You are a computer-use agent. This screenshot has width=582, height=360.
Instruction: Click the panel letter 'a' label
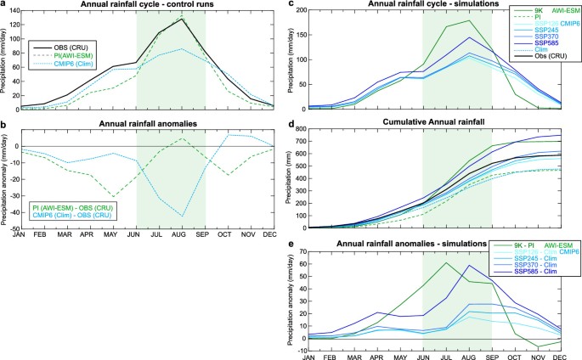[4, 4]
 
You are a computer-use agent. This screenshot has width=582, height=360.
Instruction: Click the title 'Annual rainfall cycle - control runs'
[145, 5]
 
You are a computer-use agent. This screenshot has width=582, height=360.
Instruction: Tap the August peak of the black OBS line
[205, 19]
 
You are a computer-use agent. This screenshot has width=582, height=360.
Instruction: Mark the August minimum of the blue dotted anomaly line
[205, 217]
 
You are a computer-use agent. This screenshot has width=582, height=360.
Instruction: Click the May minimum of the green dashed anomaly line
[113, 196]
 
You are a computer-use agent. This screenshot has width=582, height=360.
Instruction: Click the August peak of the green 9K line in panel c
[491, 21]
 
